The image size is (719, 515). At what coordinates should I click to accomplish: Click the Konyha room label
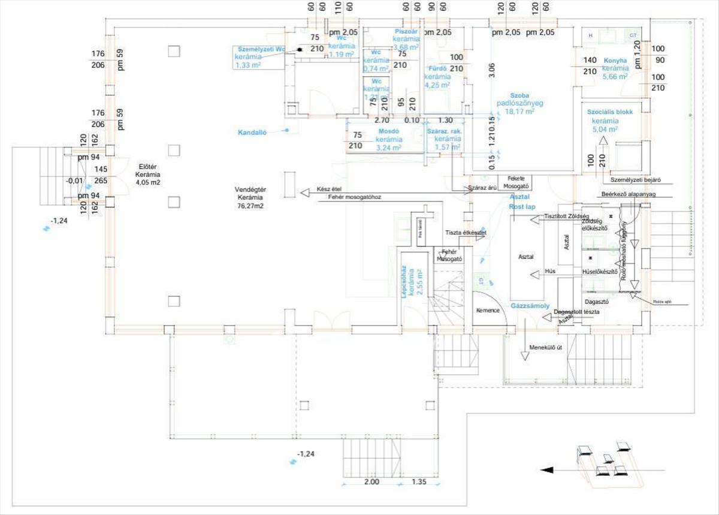tap(615, 61)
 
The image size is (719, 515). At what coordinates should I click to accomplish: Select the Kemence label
tap(488, 311)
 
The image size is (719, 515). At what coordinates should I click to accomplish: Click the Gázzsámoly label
tap(530, 306)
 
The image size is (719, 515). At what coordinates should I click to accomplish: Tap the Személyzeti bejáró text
tap(635, 179)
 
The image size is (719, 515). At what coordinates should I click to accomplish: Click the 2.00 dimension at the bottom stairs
tap(371, 481)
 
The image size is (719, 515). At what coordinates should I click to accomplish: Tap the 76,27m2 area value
tap(250, 205)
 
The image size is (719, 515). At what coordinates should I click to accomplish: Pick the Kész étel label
tap(328, 189)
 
